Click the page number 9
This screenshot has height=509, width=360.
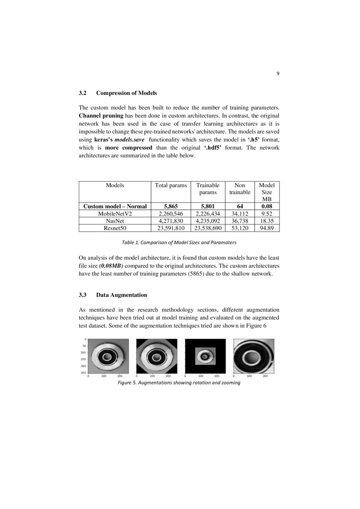point(278,74)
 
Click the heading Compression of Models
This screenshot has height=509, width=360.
point(126,93)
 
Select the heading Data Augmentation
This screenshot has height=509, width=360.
point(121,295)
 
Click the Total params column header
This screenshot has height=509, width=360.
point(171,185)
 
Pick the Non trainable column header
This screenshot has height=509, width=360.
point(239,189)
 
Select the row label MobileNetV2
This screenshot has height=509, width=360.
point(114,214)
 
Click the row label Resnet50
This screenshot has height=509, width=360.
point(114,228)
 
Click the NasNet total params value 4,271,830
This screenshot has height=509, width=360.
point(171,221)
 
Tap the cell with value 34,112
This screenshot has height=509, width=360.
point(239,214)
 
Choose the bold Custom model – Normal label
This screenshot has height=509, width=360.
point(115,206)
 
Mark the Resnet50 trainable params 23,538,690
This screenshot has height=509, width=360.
point(208,228)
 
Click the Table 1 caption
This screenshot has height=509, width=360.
point(179,242)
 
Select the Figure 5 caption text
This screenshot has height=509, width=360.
point(179,383)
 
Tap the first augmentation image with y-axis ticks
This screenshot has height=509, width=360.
point(108,356)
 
